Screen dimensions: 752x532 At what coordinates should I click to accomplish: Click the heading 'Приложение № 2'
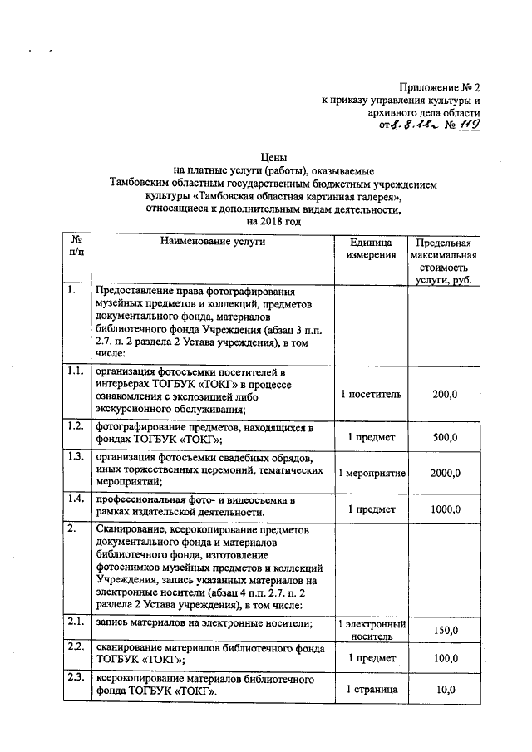click(x=440, y=86)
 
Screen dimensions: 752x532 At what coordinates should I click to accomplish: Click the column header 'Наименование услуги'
click(x=214, y=242)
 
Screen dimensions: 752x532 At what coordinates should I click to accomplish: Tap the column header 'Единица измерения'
click(x=371, y=248)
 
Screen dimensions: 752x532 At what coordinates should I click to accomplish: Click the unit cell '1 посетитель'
click(x=371, y=393)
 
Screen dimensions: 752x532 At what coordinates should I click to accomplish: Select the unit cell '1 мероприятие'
click(x=371, y=473)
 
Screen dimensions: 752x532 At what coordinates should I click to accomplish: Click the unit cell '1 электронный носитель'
click(x=371, y=631)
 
